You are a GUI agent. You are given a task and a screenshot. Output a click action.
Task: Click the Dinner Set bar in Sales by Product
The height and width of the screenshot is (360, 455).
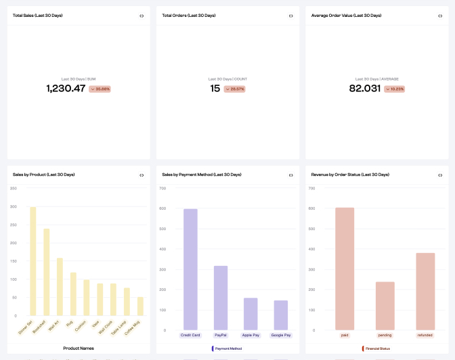coord(33,261)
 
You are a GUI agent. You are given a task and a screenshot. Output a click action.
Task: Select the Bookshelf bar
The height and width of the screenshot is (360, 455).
coord(47,272)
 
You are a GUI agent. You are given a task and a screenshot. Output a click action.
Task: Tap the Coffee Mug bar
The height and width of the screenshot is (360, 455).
coord(140,306)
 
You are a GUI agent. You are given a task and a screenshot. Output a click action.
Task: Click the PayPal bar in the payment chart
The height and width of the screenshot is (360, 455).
coord(221,298)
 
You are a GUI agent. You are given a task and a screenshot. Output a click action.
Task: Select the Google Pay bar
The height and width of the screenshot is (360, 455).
coord(280,315)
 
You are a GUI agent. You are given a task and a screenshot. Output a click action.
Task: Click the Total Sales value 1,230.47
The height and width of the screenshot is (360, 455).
coord(66,89)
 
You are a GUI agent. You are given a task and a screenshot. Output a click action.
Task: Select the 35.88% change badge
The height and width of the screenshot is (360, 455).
coord(100,89)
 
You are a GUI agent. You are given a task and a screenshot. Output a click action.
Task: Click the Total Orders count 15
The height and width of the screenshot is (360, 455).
coord(215,89)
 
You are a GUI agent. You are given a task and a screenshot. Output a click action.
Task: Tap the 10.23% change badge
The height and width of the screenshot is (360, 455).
coord(394,89)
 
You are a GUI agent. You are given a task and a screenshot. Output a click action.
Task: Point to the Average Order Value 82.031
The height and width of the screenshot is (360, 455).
coord(364,89)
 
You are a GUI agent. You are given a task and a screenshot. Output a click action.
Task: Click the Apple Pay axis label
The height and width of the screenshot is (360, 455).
coord(251,335)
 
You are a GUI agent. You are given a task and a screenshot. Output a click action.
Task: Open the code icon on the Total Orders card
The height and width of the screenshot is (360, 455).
coord(290,16)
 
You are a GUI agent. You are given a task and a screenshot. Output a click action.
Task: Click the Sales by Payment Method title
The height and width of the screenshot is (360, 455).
coord(201,175)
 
